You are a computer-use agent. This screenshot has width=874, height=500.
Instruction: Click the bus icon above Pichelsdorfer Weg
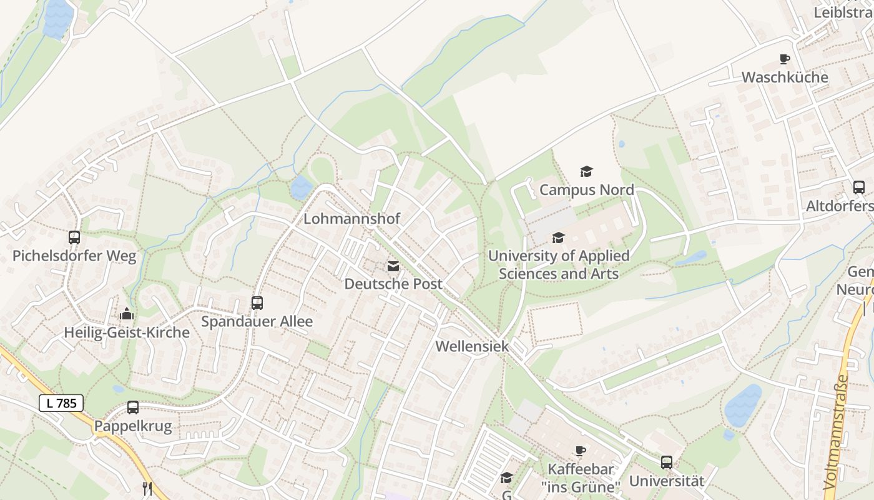(74, 237)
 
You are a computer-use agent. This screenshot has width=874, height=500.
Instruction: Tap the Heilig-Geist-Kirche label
(127, 332)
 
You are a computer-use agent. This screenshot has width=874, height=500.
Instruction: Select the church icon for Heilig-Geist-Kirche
(127, 314)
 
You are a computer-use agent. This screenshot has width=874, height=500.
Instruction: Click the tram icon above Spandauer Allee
(257, 303)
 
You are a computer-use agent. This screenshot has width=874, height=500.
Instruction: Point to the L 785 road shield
(61, 403)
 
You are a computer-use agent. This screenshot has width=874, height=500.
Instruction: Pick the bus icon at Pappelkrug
(133, 407)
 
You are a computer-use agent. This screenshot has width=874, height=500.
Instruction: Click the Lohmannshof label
(351, 219)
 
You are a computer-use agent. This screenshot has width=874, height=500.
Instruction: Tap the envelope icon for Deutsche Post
(393, 267)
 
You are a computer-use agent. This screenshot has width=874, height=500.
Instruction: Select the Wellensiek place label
(472, 346)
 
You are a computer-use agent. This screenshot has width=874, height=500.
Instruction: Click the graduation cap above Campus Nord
(586, 171)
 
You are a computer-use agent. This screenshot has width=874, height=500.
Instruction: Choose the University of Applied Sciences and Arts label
(559, 264)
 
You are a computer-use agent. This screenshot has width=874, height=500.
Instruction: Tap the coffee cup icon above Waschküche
(785, 59)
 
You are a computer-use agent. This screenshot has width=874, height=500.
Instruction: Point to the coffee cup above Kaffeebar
(580, 451)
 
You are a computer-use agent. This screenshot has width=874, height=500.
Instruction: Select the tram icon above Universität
(667, 462)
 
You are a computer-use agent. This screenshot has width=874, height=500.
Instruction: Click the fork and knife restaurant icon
(147, 488)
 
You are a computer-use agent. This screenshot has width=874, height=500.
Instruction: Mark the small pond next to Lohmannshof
(301, 187)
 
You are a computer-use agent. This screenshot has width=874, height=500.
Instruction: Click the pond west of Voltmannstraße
(743, 405)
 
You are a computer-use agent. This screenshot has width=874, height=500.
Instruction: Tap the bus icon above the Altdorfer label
(859, 187)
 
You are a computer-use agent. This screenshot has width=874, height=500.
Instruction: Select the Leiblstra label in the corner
(843, 12)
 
